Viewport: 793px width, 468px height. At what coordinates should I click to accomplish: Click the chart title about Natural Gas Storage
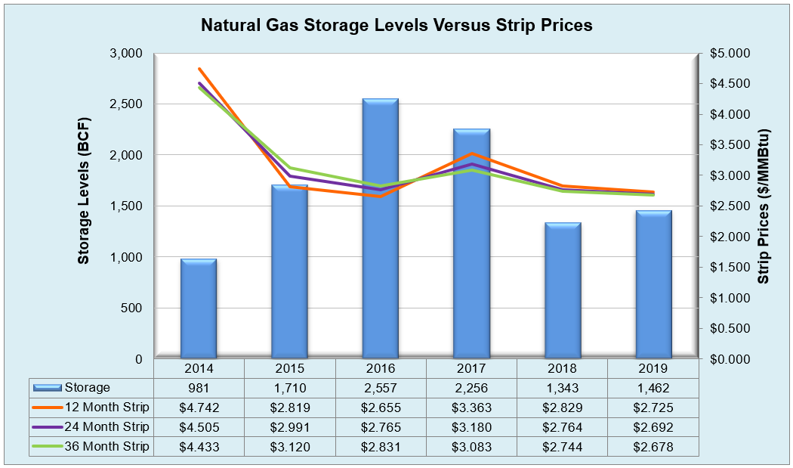(x=396, y=25)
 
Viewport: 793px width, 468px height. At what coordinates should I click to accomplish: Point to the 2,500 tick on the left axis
(x=128, y=104)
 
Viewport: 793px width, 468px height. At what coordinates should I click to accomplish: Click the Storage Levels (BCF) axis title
(x=84, y=191)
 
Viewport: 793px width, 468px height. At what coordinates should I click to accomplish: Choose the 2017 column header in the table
(x=471, y=369)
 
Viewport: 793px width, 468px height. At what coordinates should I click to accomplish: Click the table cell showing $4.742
(x=199, y=408)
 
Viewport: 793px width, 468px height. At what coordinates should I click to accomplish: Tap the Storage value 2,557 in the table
(x=381, y=388)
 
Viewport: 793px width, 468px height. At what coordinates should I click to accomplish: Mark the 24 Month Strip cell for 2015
(x=289, y=427)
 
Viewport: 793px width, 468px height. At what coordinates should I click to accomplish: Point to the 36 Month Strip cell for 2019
(x=653, y=447)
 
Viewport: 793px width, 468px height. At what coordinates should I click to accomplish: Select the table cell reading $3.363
(x=471, y=408)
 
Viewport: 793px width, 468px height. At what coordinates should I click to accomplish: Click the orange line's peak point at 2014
(x=199, y=69)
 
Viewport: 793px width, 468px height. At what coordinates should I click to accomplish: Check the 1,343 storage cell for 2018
(x=563, y=388)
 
